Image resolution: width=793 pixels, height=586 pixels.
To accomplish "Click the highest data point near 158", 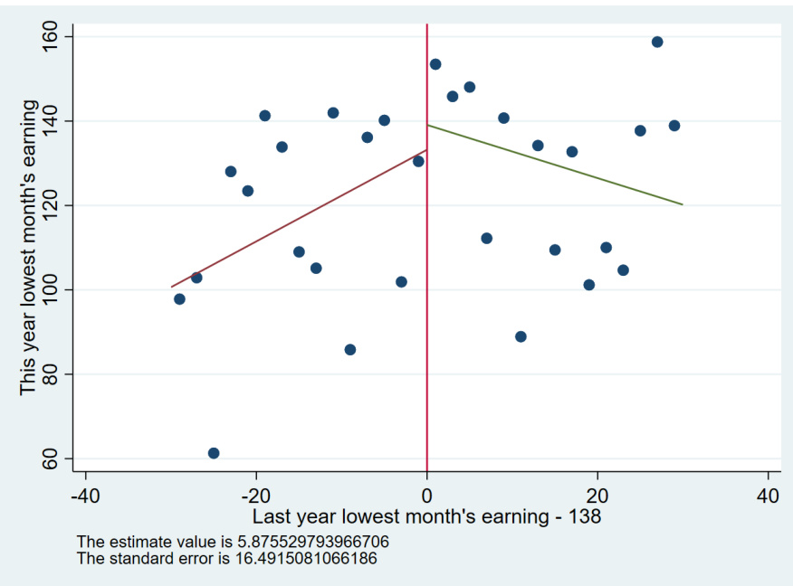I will (x=657, y=43).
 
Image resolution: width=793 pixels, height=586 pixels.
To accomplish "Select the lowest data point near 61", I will (x=214, y=453).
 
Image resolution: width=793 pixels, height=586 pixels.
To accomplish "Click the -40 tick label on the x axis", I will (x=85, y=496).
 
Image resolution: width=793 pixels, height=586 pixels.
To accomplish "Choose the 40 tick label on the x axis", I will (x=768, y=496).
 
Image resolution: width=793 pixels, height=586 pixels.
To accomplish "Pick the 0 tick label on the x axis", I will (x=426, y=496).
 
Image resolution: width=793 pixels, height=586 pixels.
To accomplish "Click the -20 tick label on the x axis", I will (x=255, y=496).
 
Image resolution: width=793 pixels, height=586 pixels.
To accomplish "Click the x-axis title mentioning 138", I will (x=426, y=517).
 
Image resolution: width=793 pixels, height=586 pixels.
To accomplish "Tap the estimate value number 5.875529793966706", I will (x=303, y=542).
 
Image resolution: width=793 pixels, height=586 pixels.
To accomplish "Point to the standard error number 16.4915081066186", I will (x=299, y=558).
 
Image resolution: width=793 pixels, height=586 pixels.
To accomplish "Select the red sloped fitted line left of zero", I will (x=299, y=219).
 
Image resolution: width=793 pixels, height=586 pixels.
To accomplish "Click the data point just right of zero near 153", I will (x=435, y=64).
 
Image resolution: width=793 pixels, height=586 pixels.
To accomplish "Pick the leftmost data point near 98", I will (x=179, y=299).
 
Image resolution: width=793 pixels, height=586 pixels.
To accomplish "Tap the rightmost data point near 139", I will (x=674, y=126).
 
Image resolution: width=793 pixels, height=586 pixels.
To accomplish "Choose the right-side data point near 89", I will (x=521, y=336).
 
